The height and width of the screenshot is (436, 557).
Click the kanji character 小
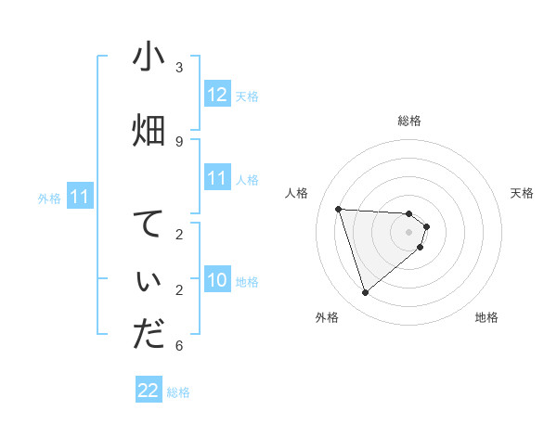pos(149,58)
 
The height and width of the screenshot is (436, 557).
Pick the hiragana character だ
pos(149,335)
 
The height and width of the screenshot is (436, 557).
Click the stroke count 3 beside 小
pos(179,67)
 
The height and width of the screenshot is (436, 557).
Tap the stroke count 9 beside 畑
pos(179,141)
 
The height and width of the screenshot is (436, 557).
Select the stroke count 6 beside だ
pos(179,346)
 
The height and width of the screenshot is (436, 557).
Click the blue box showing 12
pos(217,95)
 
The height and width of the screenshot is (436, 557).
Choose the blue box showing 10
pos(217,280)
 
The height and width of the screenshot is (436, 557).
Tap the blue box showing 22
pos(149,391)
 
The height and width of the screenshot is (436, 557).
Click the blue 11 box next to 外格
pos(80,197)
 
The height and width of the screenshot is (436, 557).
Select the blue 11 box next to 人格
pos(217,178)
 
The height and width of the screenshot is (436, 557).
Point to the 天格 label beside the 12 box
pos(247,96)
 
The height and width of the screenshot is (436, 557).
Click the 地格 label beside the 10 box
pos(247,282)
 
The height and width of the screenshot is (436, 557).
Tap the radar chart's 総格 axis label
pos(409,121)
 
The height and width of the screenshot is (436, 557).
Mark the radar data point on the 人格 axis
pos(339,209)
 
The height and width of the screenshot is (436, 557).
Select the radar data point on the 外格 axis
pos(365,293)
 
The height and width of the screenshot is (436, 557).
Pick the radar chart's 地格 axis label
pos(486,318)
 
